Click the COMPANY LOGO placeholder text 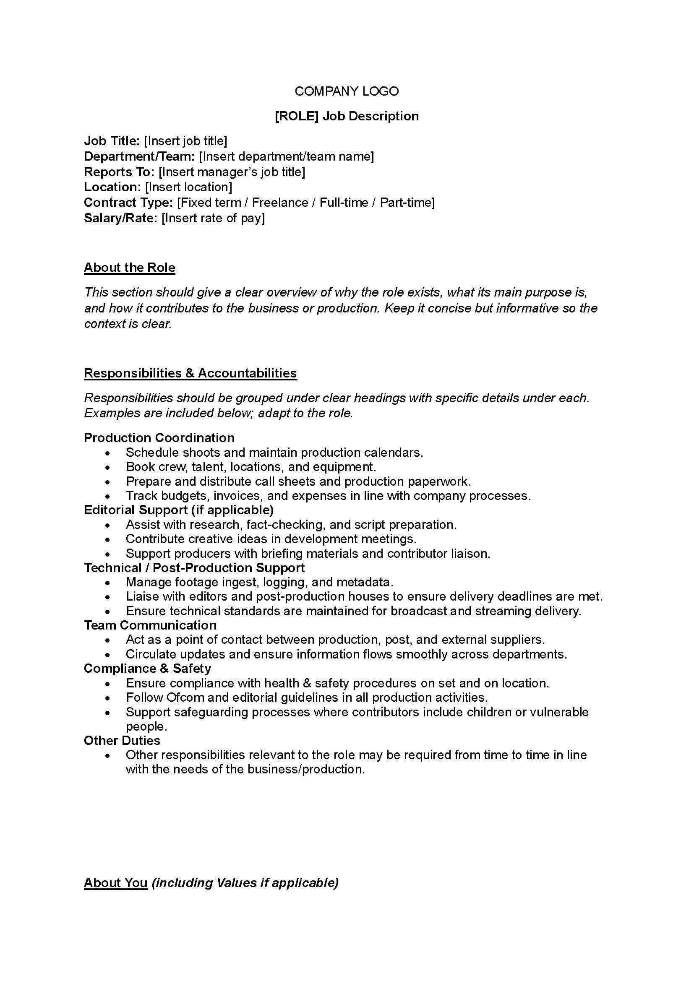point(347,91)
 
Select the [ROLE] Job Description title point(347,116)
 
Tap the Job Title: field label point(112,141)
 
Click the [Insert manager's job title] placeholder point(232,172)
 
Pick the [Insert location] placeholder point(188,187)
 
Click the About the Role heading point(130,268)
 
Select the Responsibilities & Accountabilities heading point(190,373)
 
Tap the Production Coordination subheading point(159,437)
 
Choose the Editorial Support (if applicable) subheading point(179,510)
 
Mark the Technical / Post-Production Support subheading point(194,568)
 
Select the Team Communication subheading point(150,625)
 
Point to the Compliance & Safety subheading point(147,668)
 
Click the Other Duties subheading point(122,740)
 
